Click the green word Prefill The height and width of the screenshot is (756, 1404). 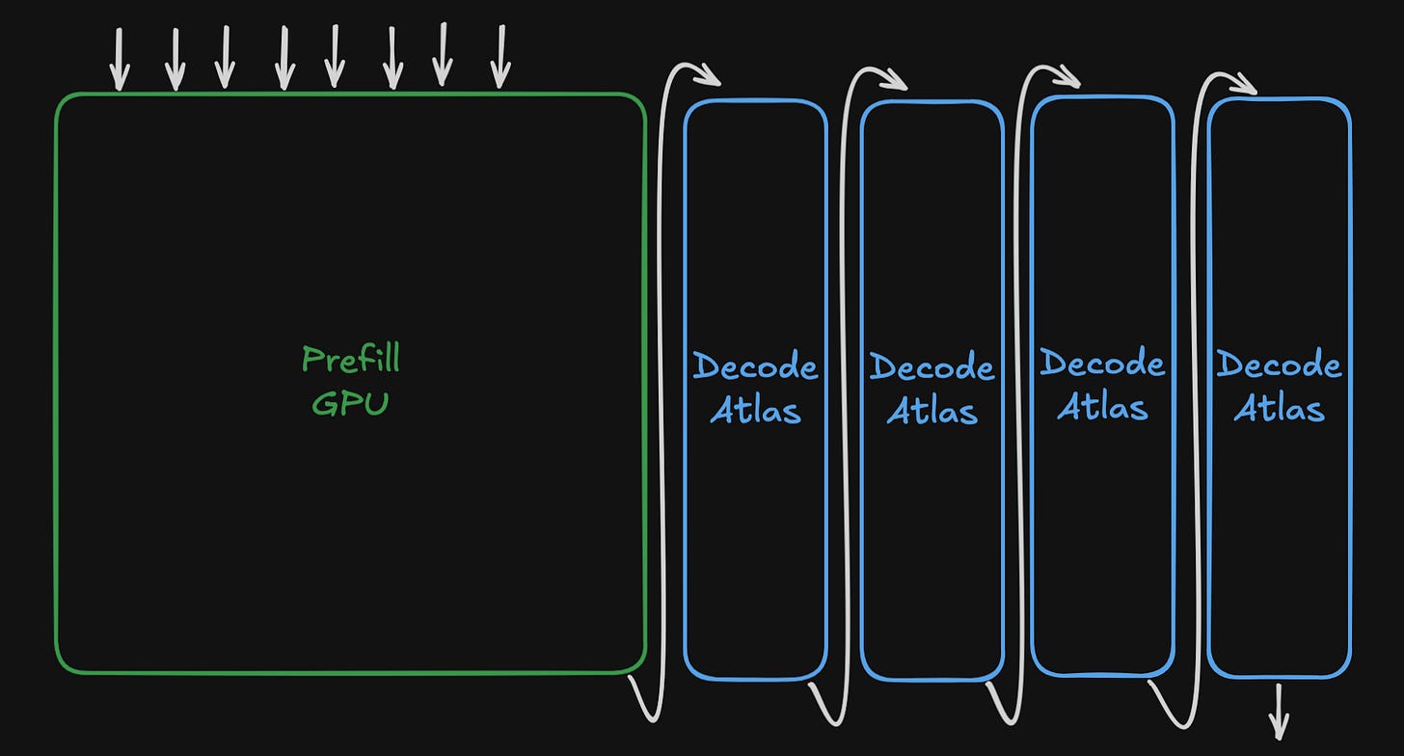[350, 359]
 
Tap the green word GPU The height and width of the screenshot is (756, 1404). [350, 403]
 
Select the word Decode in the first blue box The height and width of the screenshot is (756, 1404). [755, 366]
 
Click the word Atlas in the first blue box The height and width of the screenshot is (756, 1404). [755, 410]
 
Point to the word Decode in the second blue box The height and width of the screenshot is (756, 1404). [932, 366]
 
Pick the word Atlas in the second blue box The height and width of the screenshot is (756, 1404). [932, 410]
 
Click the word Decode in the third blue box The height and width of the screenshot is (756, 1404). [1102, 362]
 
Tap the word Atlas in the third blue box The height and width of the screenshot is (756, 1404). [1102, 406]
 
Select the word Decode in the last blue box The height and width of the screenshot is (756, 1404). [1280, 364]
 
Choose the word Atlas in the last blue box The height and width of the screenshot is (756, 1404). [1280, 408]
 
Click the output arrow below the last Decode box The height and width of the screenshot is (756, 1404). [1279, 712]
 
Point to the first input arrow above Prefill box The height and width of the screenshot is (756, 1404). [120, 60]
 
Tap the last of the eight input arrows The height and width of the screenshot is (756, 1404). [500, 57]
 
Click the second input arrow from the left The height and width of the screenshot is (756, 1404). [175, 60]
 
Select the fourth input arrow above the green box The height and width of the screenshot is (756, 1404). [284, 58]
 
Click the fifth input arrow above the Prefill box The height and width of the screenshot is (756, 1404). [335, 57]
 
